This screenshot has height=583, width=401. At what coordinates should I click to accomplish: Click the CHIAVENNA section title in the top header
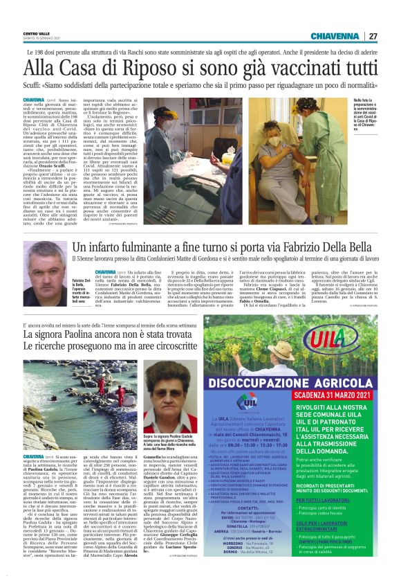tap(335, 36)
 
